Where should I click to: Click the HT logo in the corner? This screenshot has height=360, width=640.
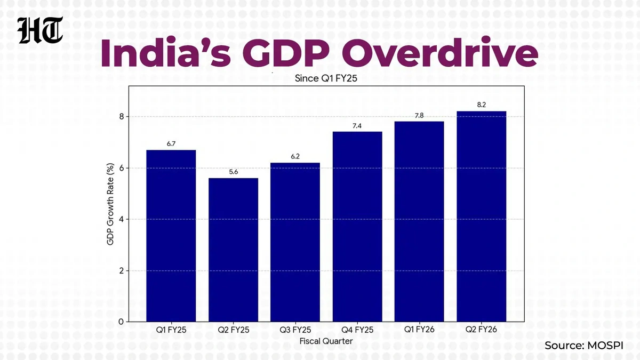(41, 31)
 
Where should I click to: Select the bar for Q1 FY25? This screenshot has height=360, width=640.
(171, 236)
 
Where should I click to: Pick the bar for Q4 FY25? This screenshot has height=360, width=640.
(357, 227)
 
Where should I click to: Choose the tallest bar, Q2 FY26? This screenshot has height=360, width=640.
(481, 216)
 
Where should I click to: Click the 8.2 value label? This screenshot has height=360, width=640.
(481, 105)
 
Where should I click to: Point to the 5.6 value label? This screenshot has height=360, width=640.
(233, 172)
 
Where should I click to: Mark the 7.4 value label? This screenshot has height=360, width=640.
(357, 125)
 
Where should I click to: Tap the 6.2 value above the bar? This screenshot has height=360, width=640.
(295, 157)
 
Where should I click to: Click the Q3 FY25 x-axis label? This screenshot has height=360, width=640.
(295, 330)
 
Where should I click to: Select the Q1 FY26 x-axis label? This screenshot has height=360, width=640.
(419, 330)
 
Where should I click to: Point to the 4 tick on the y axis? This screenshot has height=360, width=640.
(122, 219)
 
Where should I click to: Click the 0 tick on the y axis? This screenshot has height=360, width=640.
(122, 322)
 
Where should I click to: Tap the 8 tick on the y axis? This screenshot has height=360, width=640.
(122, 117)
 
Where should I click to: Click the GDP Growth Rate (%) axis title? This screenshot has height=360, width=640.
(111, 204)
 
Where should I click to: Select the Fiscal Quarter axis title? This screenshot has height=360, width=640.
(326, 341)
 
